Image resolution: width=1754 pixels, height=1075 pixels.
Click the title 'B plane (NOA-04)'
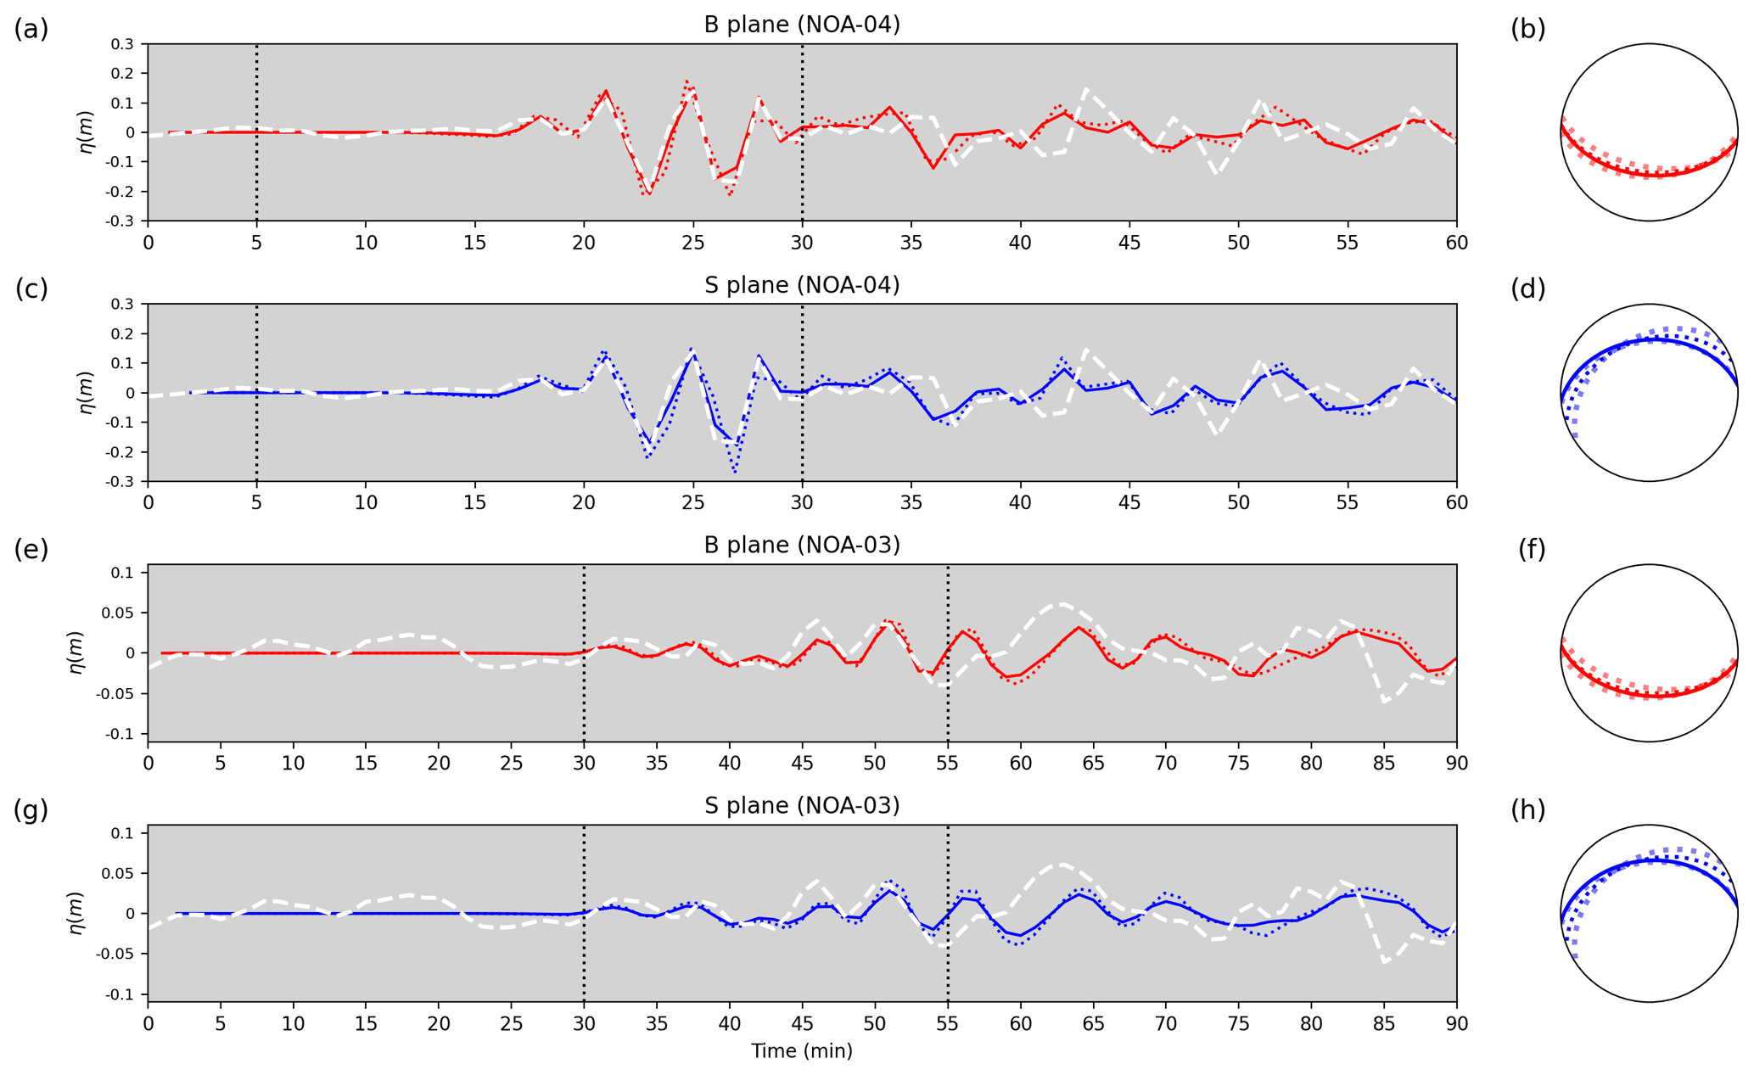point(801,25)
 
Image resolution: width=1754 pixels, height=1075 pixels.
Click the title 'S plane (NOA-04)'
point(801,285)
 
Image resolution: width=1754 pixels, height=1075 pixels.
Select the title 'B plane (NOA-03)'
point(801,545)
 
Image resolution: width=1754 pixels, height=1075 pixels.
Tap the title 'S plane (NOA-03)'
point(801,805)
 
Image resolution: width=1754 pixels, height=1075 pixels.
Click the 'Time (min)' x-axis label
point(801,1051)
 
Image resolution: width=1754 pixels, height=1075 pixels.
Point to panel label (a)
point(31,30)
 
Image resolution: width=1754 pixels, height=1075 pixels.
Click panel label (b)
point(1527,30)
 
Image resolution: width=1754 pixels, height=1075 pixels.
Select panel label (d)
point(1527,289)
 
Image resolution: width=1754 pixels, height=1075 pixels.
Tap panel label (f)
point(1531,550)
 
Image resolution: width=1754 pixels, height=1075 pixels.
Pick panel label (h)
point(1527,810)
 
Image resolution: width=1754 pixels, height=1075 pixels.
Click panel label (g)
point(31,810)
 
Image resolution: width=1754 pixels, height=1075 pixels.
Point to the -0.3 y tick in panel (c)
point(122,482)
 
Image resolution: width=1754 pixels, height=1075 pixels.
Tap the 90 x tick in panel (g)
point(1456,1023)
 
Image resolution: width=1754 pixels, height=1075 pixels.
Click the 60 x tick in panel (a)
point(1456,243)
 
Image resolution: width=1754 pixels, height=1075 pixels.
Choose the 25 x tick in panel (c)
point(693,502)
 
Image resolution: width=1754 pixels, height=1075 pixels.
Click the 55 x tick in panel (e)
point(948,763)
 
